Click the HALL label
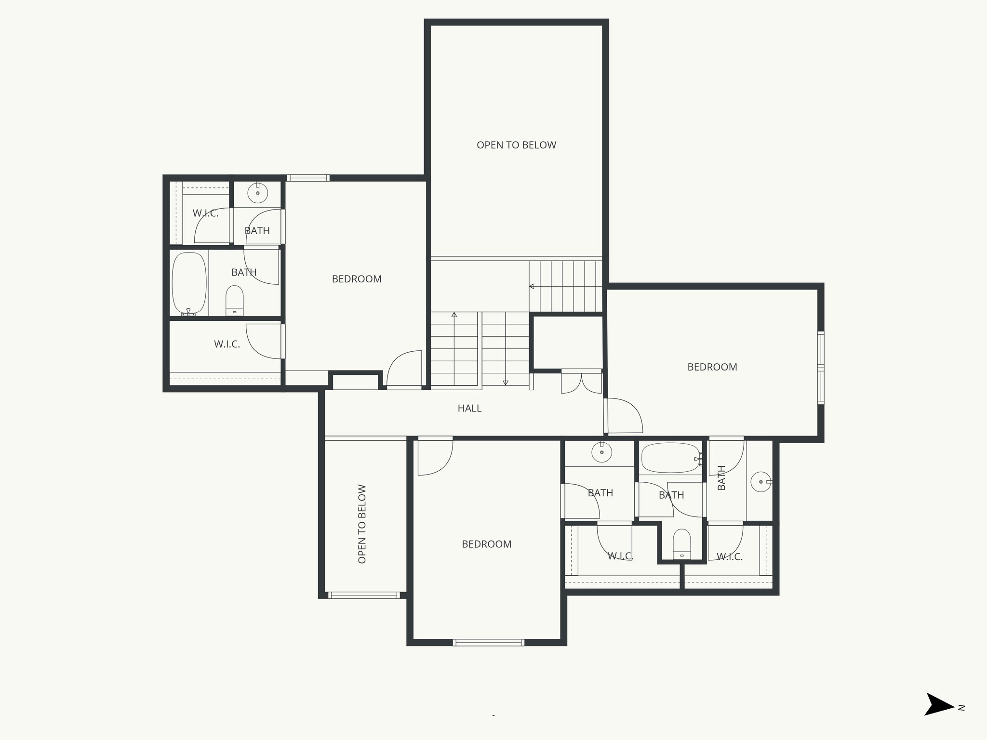point(469,409)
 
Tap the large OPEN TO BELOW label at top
point(516,145)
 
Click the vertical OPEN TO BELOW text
point(362,524)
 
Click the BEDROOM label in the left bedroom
point(357,279)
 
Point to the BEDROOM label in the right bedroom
point(712,367)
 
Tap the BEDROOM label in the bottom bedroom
point(486,544)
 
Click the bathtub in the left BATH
point(189,283)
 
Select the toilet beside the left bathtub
point(235,301)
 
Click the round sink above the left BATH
point(257,193)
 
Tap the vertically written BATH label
point(721,477)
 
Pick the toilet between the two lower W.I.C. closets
point(681,544)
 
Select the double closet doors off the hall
point(582,383)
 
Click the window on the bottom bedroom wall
point(488,642)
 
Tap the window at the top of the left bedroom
point(308,178)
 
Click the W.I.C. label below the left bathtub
point(227,344)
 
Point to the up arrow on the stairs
point(454,315)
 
